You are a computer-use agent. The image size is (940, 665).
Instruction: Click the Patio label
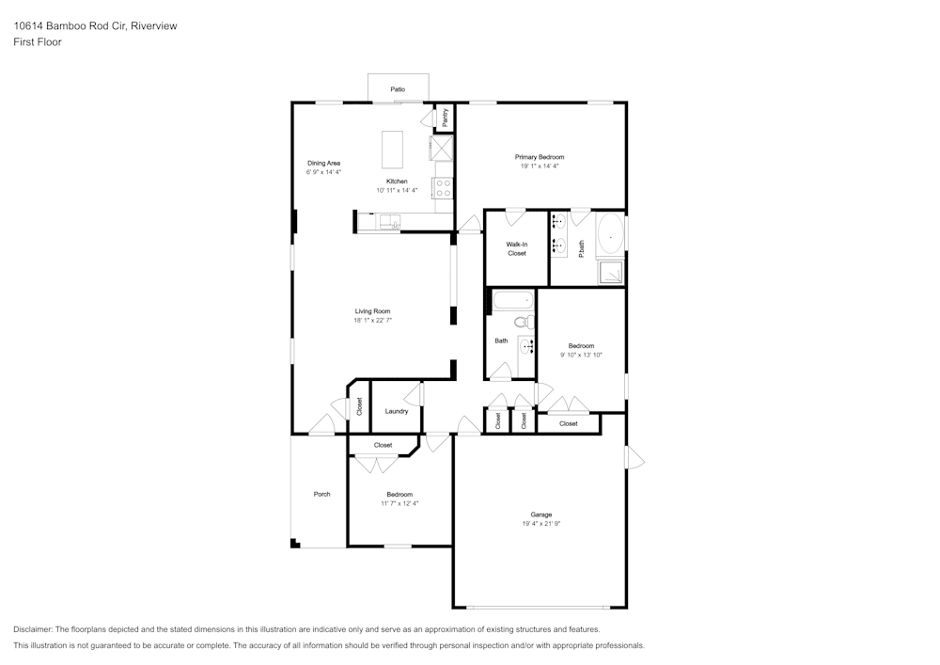point(398,89)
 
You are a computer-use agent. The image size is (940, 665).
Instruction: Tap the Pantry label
point(445,117)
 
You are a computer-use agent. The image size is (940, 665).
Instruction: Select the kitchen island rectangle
point(393,150)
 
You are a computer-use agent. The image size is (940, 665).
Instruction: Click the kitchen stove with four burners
point(443,188)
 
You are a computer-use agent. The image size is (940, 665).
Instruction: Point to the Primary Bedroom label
point(540,157)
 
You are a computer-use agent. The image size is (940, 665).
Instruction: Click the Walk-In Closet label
point(517,249)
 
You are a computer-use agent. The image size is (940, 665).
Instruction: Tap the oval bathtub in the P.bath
point(610,236)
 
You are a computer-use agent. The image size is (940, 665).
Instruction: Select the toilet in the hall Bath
point(525,323)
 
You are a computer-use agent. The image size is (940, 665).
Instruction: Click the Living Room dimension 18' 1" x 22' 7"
point(373,320)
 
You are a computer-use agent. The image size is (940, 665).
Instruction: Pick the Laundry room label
point(397,411)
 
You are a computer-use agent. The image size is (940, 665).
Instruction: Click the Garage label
point(540,515)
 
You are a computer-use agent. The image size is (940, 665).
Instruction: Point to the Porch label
point(321,494)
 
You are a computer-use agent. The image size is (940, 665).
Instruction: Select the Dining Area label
point(323,163)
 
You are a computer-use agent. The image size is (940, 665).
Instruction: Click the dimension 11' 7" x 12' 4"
point(399,504)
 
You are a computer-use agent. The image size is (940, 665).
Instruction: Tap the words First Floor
point(38,42)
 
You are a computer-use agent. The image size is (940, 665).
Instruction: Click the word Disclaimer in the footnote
point(33,629)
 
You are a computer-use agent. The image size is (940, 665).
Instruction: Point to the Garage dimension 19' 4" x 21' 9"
point(540,524)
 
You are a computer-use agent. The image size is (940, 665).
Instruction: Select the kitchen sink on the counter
point(390,222)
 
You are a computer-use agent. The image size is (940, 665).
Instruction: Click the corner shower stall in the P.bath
point(610,273)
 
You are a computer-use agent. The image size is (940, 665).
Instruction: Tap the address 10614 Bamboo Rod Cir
point(70,25)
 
